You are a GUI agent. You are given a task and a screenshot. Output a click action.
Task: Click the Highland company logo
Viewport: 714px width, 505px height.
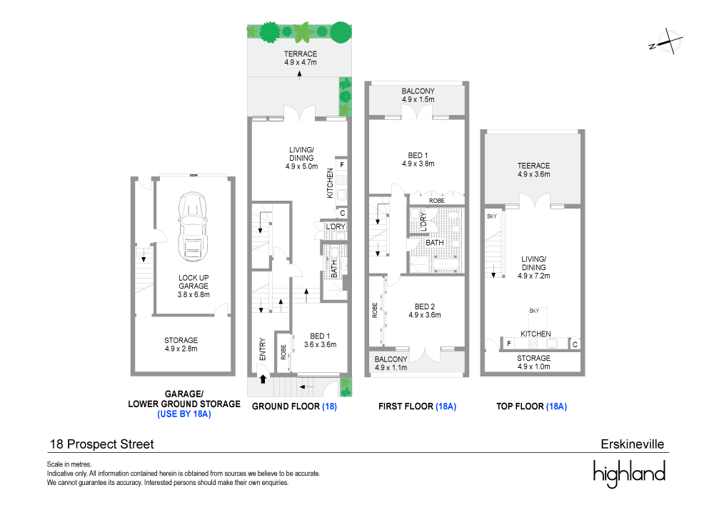629,474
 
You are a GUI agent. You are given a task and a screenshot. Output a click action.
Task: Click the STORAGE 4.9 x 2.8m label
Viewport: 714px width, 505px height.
181,344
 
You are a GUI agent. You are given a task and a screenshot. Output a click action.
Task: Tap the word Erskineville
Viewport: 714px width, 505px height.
633,444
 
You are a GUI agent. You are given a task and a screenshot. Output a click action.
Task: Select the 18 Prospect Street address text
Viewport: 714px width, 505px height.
101,444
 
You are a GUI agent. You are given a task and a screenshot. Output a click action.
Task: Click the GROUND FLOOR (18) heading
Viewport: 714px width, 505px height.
295,406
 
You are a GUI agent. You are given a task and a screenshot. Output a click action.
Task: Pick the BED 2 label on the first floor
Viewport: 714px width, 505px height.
424,309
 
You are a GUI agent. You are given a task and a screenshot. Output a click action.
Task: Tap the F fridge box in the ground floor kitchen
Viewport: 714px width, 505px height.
342,165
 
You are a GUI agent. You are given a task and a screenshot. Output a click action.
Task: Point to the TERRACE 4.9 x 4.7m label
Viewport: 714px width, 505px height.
300,59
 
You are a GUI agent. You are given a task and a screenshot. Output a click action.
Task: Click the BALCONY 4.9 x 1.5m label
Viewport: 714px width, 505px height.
418,96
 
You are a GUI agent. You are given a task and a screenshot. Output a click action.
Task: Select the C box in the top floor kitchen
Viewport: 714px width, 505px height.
574,344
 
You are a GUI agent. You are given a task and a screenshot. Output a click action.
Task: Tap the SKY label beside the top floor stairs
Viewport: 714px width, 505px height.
491,216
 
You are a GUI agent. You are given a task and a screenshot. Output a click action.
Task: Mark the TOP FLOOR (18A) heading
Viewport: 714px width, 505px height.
532,406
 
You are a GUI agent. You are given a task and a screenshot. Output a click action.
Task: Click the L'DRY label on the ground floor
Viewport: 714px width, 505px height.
335,227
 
